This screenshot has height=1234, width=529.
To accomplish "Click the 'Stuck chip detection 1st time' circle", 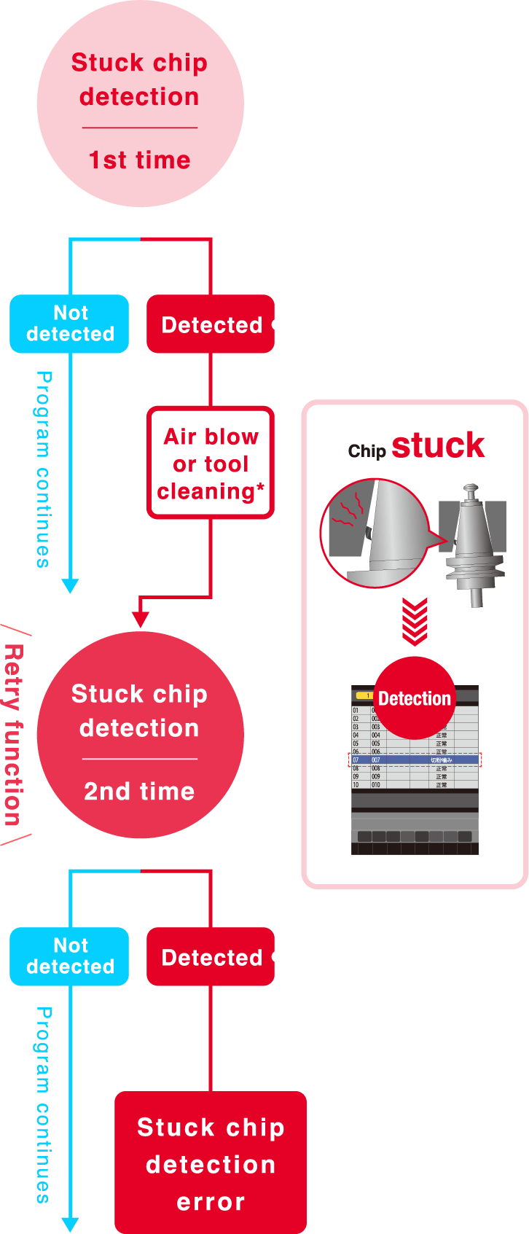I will (x=140, y=104).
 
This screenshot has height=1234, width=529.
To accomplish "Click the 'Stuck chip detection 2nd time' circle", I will (x=140, y=735).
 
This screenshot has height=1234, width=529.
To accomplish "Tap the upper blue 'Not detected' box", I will (x=70, y=324).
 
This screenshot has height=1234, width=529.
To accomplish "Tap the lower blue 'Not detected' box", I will (x=70, y=956).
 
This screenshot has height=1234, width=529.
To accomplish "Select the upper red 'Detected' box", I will (x=211, y=324).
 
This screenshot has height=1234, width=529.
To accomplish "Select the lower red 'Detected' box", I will (x=211, y=957).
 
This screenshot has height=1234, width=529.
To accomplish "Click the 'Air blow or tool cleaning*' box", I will (x=211, y=464).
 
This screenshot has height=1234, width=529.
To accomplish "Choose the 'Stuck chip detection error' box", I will (x=211, y=1163).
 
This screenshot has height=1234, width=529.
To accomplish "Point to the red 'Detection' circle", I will (x=414, y=698).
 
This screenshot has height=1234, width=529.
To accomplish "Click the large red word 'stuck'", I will (x=438, y=445).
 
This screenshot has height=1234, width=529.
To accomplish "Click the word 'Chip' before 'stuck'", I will (x=367, y=451).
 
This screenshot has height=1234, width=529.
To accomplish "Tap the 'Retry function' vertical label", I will (x=13, y=735).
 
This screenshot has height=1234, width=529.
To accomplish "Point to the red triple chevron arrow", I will (x=415, y=622).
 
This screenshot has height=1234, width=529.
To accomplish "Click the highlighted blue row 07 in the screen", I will (x=414, y=759).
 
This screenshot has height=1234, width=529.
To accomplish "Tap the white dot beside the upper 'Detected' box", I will (x=277, y=324).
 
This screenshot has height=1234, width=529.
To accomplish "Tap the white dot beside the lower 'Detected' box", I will (x=277, y=956).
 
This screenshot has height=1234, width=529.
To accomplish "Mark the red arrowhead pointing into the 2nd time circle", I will (x=140, y=620).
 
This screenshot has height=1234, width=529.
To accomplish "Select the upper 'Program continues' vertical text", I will (x=44, y=469).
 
